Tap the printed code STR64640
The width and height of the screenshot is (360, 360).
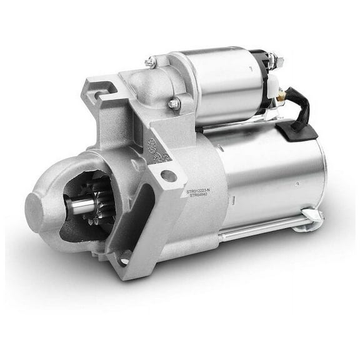coord(199,195)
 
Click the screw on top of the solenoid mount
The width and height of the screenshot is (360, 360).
coord(151,62)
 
